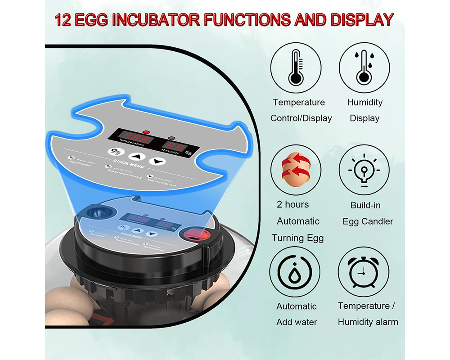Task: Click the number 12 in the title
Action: coord(66,21)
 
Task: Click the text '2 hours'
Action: coord(293,205)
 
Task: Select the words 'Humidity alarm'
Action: coord(368,322)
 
